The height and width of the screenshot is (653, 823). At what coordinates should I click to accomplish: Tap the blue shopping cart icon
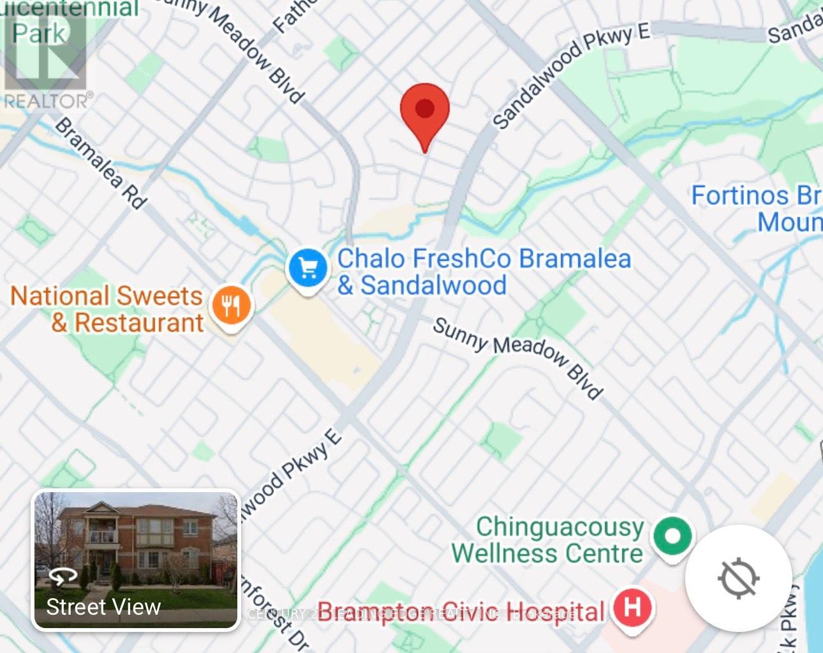309,269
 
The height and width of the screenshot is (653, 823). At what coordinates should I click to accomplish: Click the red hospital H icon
632,606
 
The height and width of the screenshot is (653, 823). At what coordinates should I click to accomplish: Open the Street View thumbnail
136,559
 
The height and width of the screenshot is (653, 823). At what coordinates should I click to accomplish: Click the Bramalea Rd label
101,163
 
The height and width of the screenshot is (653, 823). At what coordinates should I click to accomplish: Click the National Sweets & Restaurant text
107,309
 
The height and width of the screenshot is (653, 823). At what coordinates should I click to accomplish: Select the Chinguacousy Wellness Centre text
547,539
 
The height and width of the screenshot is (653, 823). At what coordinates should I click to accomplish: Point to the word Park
40,33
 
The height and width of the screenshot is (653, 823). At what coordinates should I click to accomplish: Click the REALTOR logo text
48,101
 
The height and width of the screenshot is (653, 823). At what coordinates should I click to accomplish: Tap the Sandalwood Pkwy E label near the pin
570,74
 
